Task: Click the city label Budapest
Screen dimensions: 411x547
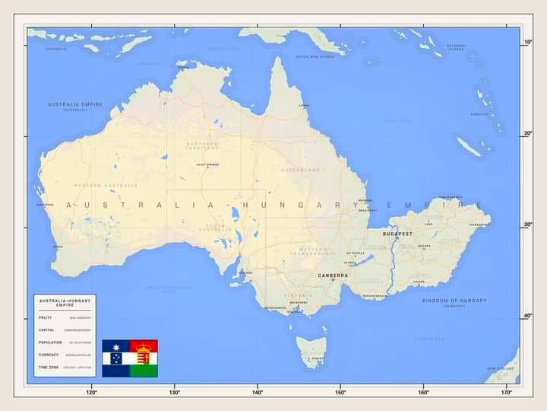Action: (x=397, y=234)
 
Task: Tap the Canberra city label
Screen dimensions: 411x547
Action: (x=333, y=276)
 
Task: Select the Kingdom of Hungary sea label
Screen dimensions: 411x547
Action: (x=454, y=301)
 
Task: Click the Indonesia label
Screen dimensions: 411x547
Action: (x=56, y=49)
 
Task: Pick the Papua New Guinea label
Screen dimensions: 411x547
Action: (x=315, y=56)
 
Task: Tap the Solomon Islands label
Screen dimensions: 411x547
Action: (x=456, y=47)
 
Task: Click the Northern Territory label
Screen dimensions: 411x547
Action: (x=201, y=145)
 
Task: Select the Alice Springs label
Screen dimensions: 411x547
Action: (x=207, y=164)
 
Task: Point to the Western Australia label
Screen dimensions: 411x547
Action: (x=106, y=185)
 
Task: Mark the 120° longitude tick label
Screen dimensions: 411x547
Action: (x=91, y=393)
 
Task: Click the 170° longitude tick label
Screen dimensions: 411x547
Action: (x=507, y=393)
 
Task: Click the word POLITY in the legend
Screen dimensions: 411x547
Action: (x=46, y=317)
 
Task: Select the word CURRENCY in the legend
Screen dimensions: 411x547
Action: (x=49, y=355)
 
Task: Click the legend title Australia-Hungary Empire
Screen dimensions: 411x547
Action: (x=65, y=302)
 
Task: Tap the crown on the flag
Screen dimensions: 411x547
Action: (x=144, y=347)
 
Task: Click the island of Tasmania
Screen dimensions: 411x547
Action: (x=311, y=350)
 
